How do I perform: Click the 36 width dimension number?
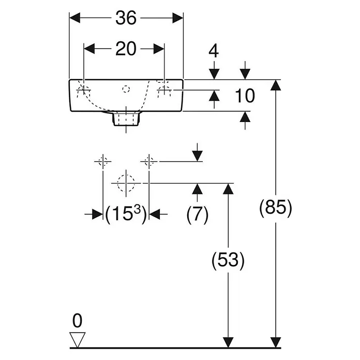click(126, 18)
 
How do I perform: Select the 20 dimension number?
click(126, 49)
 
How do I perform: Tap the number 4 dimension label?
click(214, 51)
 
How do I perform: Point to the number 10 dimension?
click(245, 96)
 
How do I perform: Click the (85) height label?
click(276, 208)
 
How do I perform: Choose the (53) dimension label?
click(228, 260)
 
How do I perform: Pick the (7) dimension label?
click(197, 214)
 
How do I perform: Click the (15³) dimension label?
click(126, 214)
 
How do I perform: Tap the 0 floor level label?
click(77, 321)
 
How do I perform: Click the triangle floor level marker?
click(78, 340)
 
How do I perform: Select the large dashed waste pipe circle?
click(126, 183)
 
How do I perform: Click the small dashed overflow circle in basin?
click(126, 89)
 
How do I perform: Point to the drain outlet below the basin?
click(126, 118)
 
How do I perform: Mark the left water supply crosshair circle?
click(103, 161)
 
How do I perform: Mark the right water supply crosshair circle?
click(149, 161)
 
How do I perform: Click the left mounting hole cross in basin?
click(84, 90)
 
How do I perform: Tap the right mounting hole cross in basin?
click(164, 90)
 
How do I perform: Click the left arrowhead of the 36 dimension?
click(74, 18)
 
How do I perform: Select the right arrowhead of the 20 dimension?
click(159, 49)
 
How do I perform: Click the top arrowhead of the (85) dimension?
click(276, 85)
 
